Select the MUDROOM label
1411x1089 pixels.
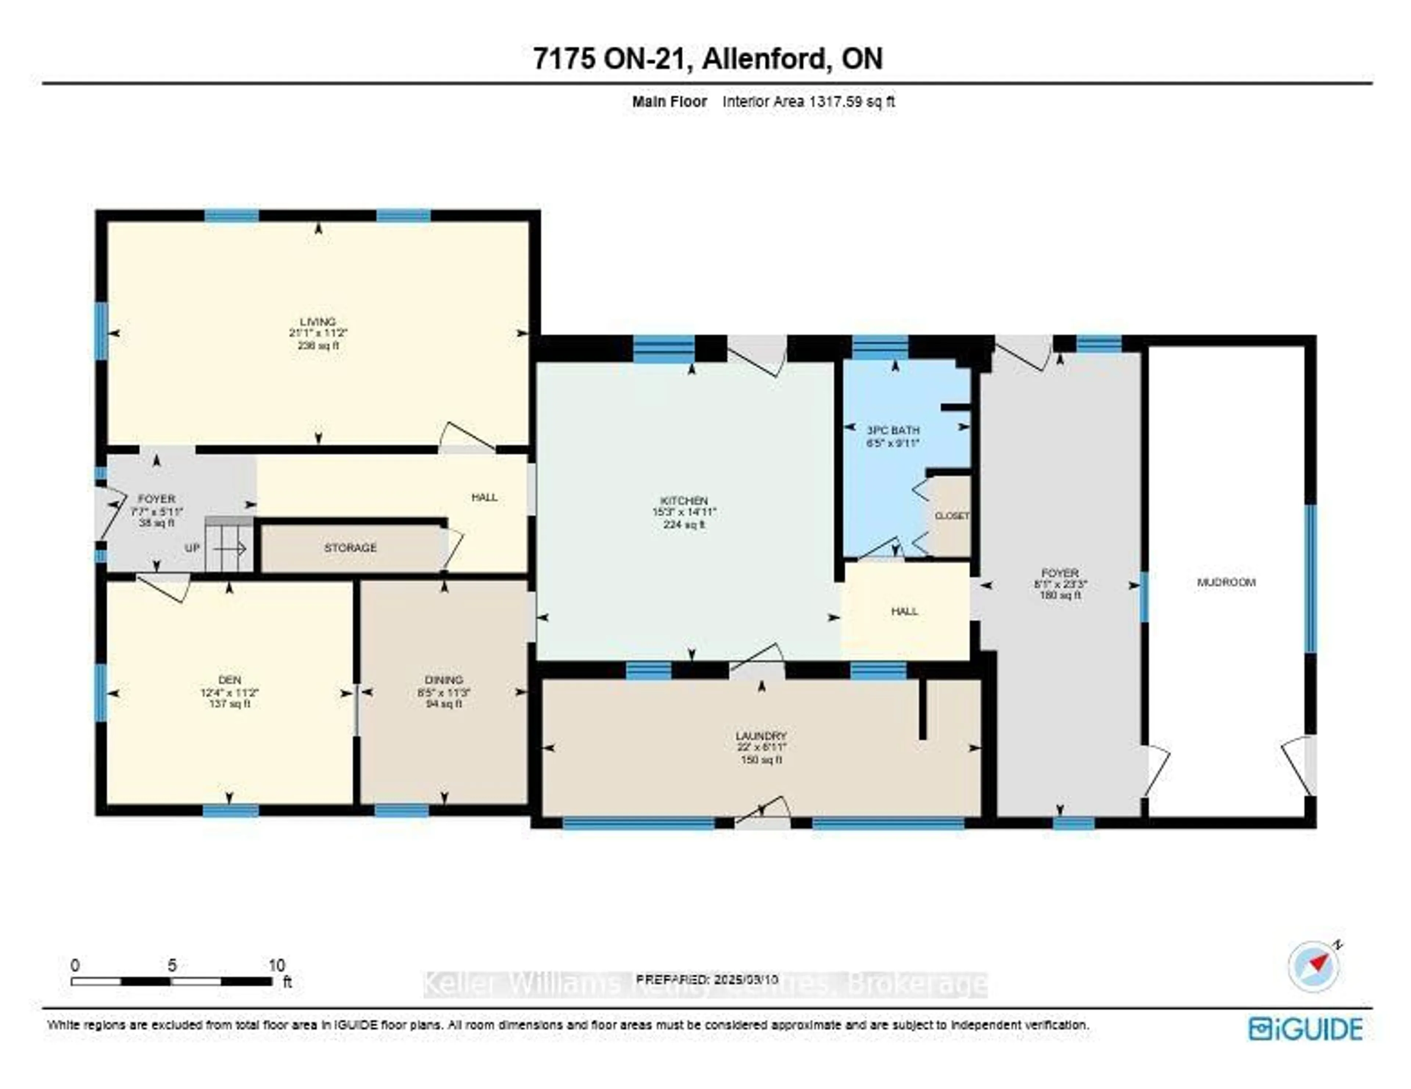pos(1225,582)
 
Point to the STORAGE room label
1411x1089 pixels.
pos(350,548)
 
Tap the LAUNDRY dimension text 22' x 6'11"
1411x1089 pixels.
pos(761,747)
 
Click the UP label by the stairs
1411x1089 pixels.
pos(192,548)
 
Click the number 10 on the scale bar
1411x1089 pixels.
pos(277,965)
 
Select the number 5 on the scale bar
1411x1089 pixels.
pos(172,965)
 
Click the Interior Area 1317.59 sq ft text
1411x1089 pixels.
pos(808,101)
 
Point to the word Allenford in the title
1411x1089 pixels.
pos(764,59)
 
